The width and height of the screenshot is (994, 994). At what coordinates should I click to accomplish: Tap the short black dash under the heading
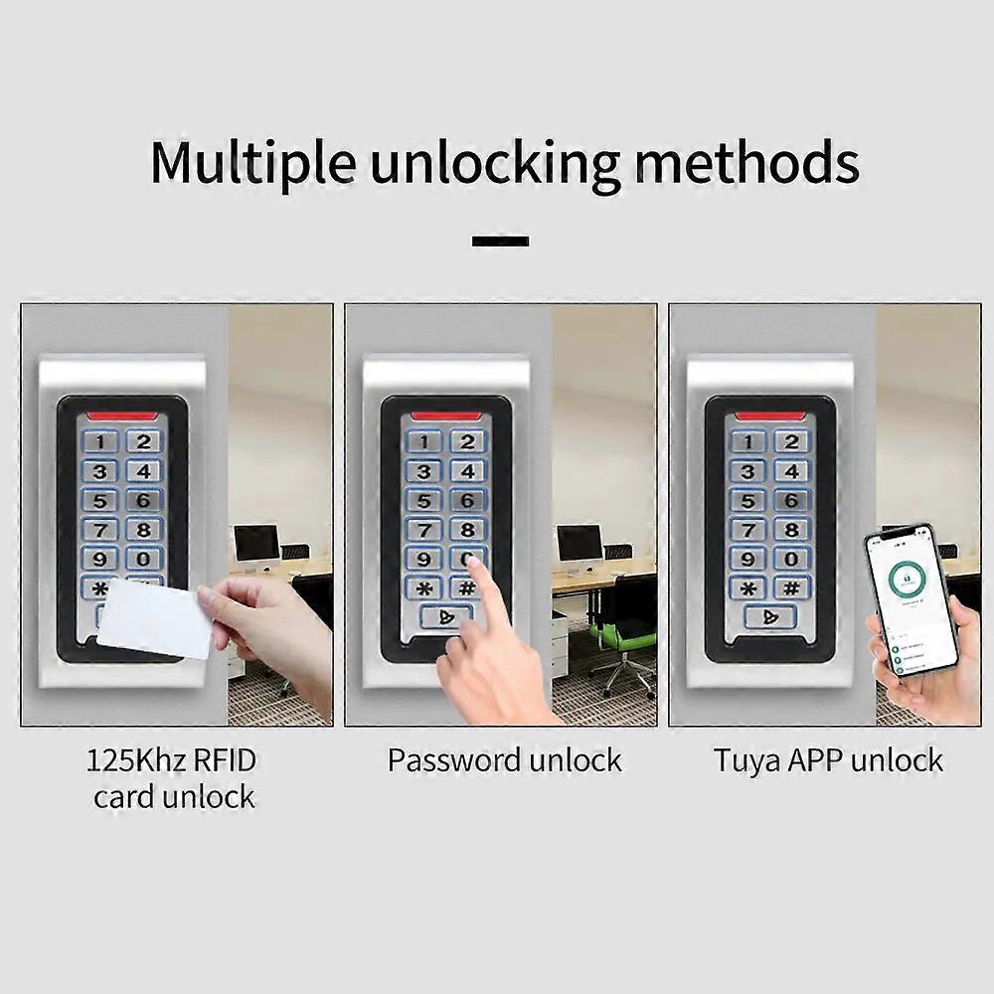pos(500,241)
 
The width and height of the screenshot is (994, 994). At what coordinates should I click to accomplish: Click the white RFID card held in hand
pos(155,617)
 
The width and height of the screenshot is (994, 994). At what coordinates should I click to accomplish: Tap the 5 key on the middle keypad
pos(423,500)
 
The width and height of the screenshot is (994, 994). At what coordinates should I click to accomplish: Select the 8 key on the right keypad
pos(792,529)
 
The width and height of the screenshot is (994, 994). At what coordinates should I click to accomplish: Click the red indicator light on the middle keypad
pos(446,415)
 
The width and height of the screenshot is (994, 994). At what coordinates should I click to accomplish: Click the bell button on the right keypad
pos(770,617)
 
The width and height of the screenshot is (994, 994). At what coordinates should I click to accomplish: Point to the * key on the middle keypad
pos(423,587)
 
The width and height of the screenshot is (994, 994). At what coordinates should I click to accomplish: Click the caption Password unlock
pos(504,761)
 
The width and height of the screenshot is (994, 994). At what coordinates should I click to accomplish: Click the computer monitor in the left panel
pos(256,544)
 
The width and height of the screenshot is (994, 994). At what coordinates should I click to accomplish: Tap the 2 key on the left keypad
pos(143,441)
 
